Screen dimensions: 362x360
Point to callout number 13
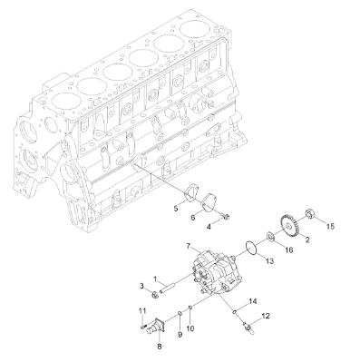268,260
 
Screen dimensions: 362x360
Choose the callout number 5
175,209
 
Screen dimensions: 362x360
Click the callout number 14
253,301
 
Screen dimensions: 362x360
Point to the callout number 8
161,346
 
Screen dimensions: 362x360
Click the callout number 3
142,286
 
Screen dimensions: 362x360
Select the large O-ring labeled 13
255,245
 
